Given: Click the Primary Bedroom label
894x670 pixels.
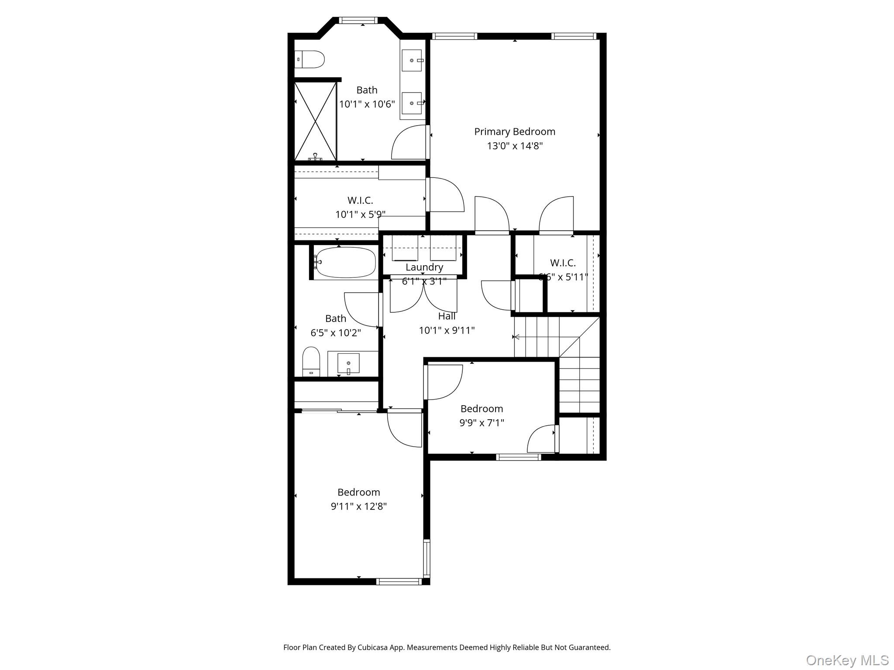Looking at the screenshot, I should [x=515, y=132].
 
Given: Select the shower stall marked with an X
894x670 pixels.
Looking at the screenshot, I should [x=315, y=121].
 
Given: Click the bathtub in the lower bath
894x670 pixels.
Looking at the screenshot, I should [x=345, y=263].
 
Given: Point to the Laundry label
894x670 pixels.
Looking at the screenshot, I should [x=424, y=267].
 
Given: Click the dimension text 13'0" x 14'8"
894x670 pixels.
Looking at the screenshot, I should [x=515, y=146].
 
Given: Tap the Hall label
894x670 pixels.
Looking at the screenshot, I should [x=447, y=316].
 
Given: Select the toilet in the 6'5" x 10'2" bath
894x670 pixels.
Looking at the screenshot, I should [x=311, y=361].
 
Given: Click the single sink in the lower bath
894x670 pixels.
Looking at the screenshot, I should [x=348, y=363].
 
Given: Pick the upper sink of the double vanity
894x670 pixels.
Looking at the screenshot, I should [x=412, y=60].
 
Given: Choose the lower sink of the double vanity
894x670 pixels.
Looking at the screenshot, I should [x=412, y=103].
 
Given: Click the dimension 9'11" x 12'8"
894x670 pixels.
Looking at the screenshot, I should [x=358, y=506].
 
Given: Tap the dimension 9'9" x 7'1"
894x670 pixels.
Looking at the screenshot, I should [x=481, y=423].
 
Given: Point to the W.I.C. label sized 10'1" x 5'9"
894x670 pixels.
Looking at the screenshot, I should [x=360, y=201].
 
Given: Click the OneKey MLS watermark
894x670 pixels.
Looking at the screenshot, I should [x=847, y=660].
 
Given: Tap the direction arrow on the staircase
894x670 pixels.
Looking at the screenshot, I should [x=517, y=337].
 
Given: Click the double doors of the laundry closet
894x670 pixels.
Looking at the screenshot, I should [x=423, y=294].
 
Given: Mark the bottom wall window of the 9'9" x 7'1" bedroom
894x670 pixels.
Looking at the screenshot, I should [x=518, y=457].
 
